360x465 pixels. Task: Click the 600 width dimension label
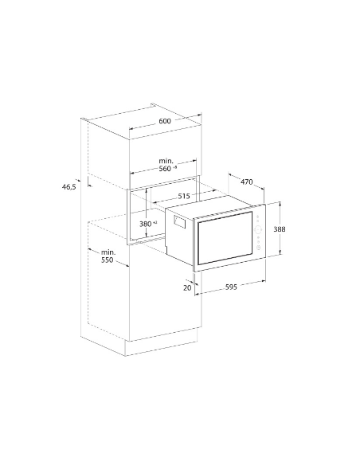click(x=164, y=121)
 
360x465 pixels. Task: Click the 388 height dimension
click(x=279, y=229)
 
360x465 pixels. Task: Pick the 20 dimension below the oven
click(x=188, y=288)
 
